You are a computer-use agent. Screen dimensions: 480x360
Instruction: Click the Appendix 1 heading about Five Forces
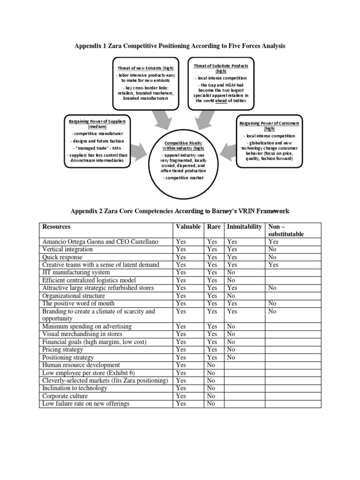[180, 46]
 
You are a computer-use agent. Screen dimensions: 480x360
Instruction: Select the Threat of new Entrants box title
[145, 68]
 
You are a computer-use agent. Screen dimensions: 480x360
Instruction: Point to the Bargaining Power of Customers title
[269, 126]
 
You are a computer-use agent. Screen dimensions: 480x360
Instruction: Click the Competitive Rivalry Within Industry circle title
[183, 145]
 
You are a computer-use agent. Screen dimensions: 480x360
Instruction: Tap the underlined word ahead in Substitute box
[220, 100]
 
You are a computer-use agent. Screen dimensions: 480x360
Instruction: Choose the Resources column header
[56, 227]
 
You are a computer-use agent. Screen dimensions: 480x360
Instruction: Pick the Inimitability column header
[244, 227]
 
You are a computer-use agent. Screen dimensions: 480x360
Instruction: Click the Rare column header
[213, 227]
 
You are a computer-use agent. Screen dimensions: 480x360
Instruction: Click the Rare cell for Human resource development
[211, 365]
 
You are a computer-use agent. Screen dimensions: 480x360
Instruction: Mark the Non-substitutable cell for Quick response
[272, 257]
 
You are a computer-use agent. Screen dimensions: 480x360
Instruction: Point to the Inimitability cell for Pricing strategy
[231, 350]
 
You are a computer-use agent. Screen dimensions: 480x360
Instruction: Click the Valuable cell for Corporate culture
[180, 396]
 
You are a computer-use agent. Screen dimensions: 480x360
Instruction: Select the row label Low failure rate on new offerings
[86, 404]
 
